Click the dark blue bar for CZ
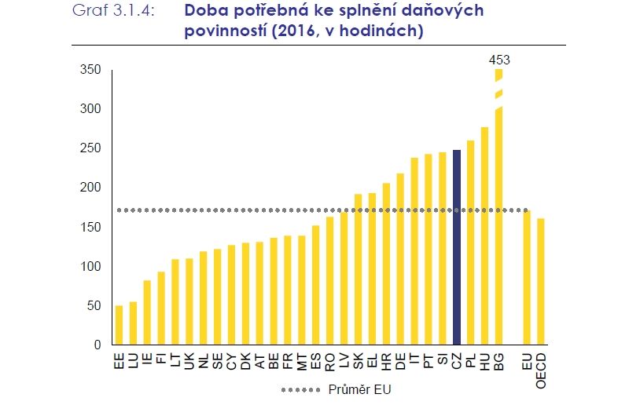(x=457, y=246)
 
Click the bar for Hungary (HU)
(x=484, y=235)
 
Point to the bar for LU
(x=134, y=323)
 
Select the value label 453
(x=498, y=59)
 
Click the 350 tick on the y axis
(x=91, y=70)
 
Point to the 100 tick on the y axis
(x=91, y=266)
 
